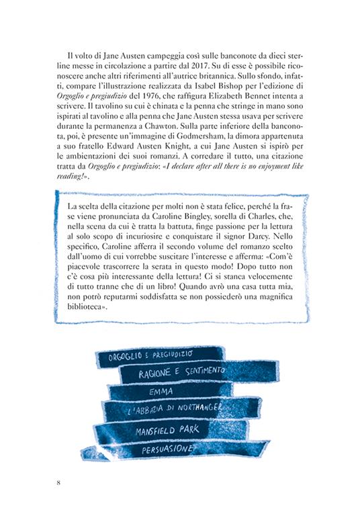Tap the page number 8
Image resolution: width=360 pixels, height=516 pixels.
coord(59,482)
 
